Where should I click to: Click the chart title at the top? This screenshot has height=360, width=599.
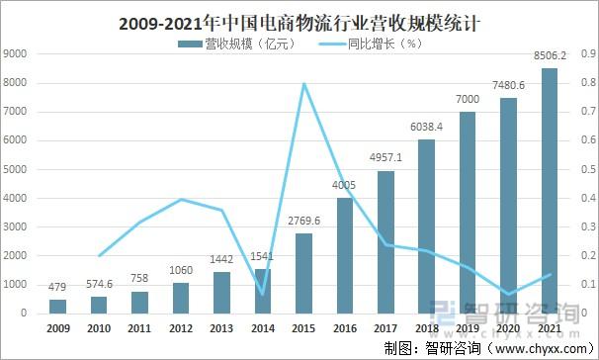click(299, 21)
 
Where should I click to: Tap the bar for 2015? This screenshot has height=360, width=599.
click(304, 273)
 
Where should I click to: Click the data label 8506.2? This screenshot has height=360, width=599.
click(549, 57)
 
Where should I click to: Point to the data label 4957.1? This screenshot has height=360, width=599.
click(385, 159)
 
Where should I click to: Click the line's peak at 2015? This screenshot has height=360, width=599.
click(303, 83)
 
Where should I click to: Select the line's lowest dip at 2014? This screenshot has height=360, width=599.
click(263, 294)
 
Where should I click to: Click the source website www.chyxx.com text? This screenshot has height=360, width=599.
click(538, 347)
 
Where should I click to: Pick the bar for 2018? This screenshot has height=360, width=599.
click(426, 226)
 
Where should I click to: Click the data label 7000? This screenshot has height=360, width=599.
click(468, 100)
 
